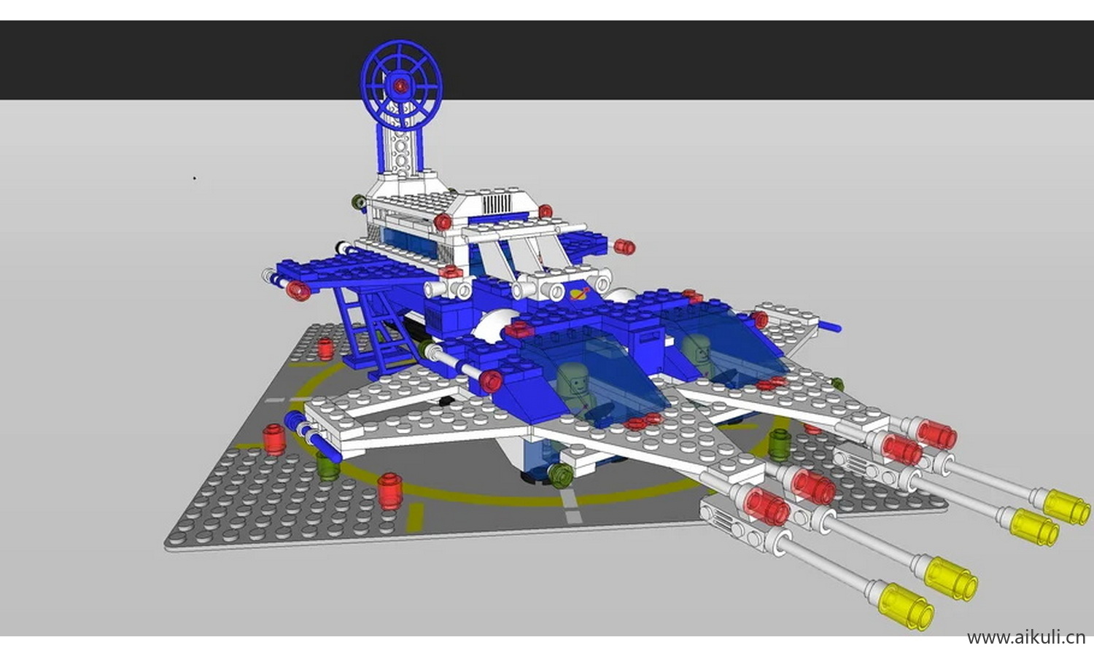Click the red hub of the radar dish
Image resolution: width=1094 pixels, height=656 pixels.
(x=400, y=86)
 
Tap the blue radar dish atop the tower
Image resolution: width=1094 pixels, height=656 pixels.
(x=401, y=84)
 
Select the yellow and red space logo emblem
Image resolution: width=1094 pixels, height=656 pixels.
(x=579, y=294)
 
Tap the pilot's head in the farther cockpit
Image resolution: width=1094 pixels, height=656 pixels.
(x=696, y=348)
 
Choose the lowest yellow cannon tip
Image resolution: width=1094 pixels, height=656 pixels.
(x=906, y=606)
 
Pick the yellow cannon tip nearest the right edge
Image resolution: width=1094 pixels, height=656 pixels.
(x=1066, y=507)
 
